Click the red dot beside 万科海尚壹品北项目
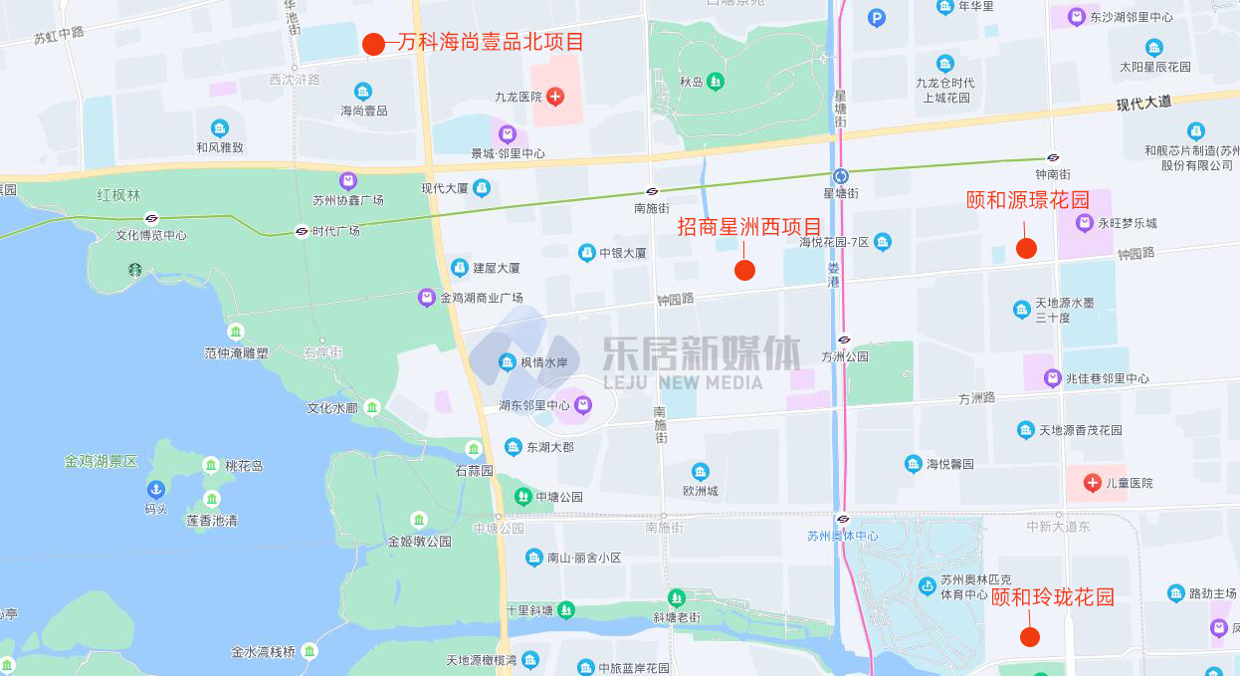[x=373, y=44]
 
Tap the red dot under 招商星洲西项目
[x=744, y=270]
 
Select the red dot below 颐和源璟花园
[x=1026, y=248]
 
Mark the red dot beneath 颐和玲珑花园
[x=1030, y=636]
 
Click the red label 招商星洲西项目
[x=749, y=227]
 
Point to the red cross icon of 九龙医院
[x=555, y=97]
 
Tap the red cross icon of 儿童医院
[x=1092, y=483]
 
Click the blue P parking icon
[x=876, y=17]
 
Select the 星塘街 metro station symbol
[x=841, y=175]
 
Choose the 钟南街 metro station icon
[x=1053, y=157]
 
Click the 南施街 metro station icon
[x=653, y=191]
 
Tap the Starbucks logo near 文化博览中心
[x=134, y=270]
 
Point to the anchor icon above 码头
[x=155, y=490]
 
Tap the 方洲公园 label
[x=845, y=356]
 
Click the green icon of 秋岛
[x=715, y=82]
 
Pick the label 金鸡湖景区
[x=101, y=461]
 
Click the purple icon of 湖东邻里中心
[x=583, y=405]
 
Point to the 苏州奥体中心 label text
[x=842, y=536]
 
